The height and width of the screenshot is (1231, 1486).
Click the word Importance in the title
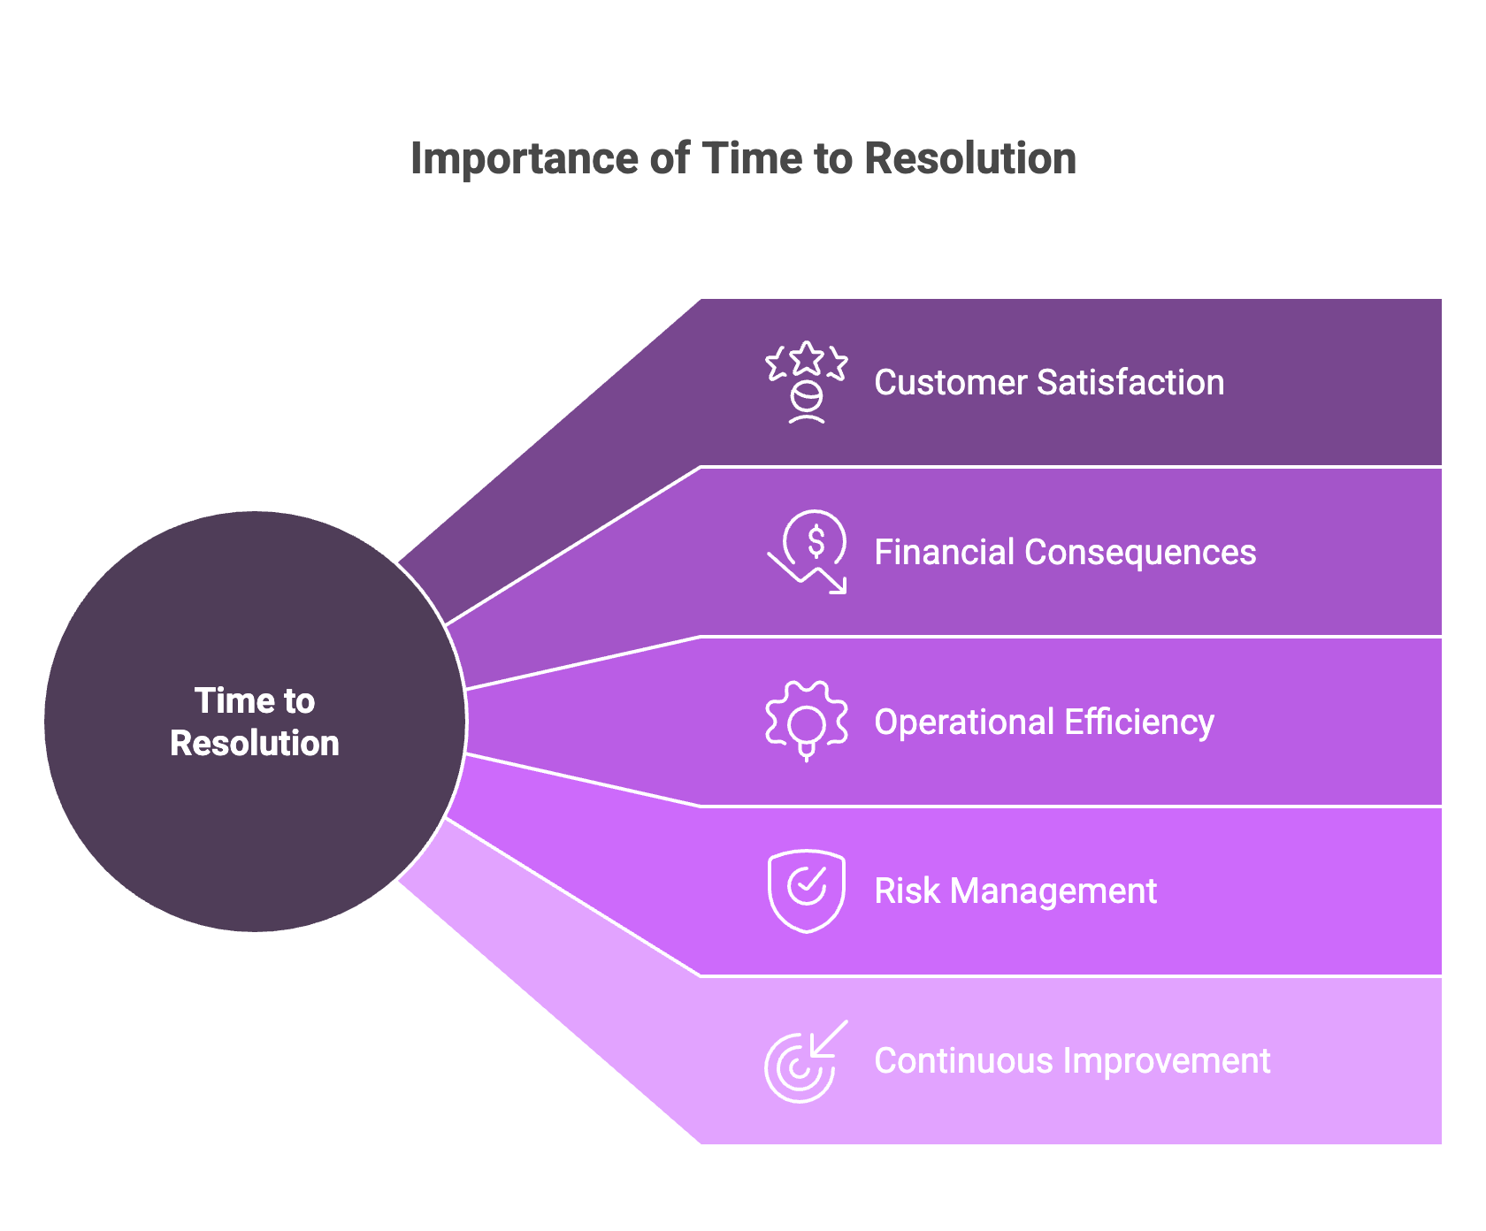click(525, 159)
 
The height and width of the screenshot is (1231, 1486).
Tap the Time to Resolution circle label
click(255, 722)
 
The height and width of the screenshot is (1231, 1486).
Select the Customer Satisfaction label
click(1049, 383)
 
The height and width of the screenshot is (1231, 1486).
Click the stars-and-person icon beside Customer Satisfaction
click(806, 383)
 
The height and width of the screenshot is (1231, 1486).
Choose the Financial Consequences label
click(1065, 553)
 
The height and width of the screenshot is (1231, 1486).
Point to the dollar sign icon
click(816, 540)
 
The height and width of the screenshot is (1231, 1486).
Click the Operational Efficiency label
click(1044, 723)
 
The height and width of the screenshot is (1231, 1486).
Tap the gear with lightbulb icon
click(806, 721)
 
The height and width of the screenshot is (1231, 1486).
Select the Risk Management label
click(1015, 891)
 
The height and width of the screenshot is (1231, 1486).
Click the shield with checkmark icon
click(806, 891)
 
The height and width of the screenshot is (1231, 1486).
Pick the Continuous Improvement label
click(1072, 1061)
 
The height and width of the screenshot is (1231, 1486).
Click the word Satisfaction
click(1130, 383)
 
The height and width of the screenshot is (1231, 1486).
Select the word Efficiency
click(1139, 723)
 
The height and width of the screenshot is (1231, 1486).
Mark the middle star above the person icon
click(806, 358)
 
